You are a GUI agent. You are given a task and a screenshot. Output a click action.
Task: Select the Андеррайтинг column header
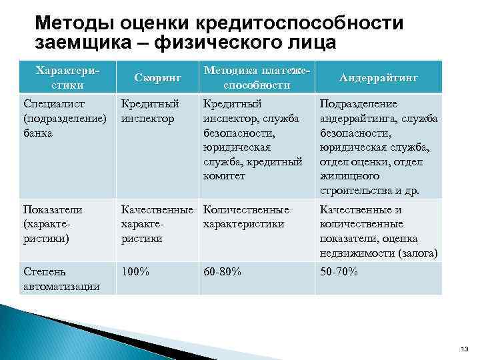coord(379,77)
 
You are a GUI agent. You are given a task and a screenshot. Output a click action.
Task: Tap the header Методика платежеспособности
coord(257,77)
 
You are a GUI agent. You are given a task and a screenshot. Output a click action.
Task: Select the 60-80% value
coord(222,272)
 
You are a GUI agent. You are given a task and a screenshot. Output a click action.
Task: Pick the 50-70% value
coord(339,272)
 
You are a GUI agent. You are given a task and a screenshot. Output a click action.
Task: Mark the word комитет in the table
coord(224,176)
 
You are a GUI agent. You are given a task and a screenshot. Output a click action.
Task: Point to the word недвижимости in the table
coord(357,253)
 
